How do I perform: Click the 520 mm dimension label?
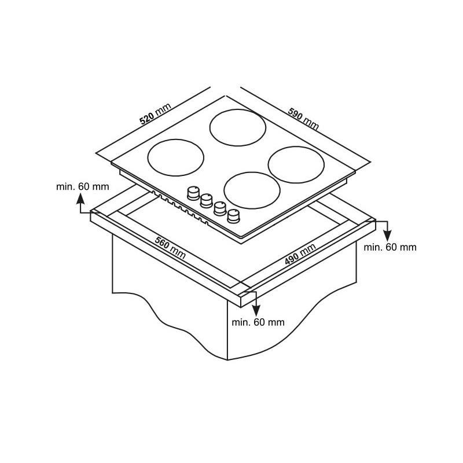point(155,113)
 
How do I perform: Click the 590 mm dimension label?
point(303,119)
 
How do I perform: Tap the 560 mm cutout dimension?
point(170,248)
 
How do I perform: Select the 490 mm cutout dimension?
point(300,253)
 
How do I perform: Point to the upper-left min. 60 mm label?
point(82,186)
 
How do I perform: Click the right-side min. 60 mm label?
point(390,247)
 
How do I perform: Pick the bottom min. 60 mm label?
point(258,322)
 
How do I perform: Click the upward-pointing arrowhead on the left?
point(80,199)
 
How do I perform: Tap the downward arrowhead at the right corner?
point(387,236)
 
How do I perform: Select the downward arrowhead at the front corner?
point(256,311)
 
